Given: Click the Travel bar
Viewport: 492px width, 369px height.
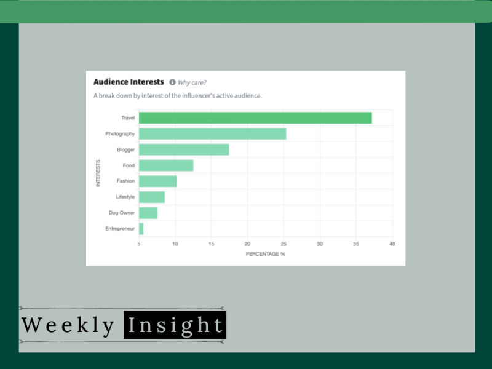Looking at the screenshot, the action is click(x=255, y=118).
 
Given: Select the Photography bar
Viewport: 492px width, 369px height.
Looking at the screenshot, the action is click(x=212, y=133).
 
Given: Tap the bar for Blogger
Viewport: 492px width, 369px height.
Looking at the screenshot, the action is click(x=184, y=149).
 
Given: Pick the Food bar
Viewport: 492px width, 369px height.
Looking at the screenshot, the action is click(x=166, y=165).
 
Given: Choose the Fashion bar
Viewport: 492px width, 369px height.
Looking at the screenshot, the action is click(x=158, y=181).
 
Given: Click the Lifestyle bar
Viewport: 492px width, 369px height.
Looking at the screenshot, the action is click(x=152, y=197).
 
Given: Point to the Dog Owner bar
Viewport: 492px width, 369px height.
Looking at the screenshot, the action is click(x=148, y=213).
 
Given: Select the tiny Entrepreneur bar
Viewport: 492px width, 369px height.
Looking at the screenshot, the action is click(x=141, y=229).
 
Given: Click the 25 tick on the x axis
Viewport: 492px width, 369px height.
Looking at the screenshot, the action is click(x=284, y=244).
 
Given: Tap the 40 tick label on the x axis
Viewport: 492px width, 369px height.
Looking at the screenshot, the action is click(x=392, y=244).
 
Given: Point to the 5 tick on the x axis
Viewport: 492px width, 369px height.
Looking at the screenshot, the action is click(x=139, y=244).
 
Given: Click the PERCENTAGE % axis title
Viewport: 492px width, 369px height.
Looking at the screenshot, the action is click(x=266, y=254).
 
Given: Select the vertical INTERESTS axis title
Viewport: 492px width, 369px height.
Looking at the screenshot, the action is click(x=98, y=173).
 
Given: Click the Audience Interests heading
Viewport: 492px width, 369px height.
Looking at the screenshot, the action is click(x=129, y=82).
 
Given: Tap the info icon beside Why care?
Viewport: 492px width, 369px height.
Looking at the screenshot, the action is click(x=172, y=82).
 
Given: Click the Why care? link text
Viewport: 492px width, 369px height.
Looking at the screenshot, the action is click(x=192, y=82).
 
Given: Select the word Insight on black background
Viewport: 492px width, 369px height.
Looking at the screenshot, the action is click(x=175, y=325).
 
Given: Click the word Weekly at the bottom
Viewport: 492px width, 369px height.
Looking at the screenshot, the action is click(x=68, y=325).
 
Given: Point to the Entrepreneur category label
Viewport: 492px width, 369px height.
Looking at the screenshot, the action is click(x=120, y=229).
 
